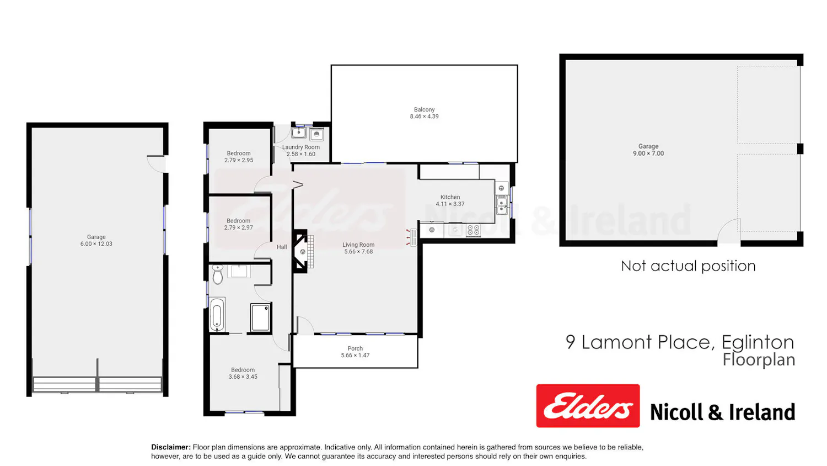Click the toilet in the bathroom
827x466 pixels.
[217, 274]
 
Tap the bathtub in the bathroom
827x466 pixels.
[217, 315]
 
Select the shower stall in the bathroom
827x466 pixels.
[260, 317]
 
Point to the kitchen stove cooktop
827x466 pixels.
[473, 230]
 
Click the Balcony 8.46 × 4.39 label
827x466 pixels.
[424, 113]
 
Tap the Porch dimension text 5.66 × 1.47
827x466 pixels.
[355, 356]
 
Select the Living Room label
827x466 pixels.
[358, 245]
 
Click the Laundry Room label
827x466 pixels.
[301, 147]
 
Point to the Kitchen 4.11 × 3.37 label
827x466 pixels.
[450, 200]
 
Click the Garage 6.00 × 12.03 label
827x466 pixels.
[96, 240]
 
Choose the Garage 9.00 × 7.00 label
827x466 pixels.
[648, 150]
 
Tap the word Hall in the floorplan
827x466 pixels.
[282, 247]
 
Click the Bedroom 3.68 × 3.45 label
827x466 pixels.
[243, 373]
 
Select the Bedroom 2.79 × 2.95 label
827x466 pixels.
[239, 157]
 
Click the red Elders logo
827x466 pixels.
[588, 406]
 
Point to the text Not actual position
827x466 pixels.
[688, 266]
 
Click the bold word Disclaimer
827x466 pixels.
[171, 447]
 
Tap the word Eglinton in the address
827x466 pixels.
[758, 342]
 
